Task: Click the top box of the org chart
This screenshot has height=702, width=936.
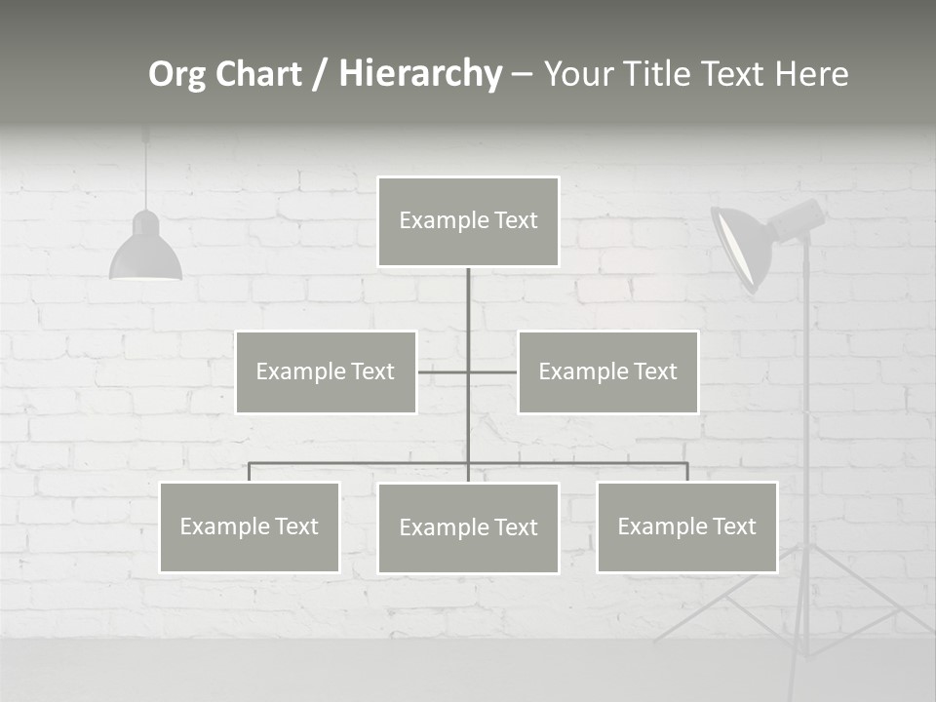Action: [468, 221]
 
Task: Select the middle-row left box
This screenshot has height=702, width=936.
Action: [326, 371]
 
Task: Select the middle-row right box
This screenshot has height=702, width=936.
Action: [607, 371]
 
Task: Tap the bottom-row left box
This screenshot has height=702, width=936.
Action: [250, 527]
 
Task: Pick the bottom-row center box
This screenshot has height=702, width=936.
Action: [468, 528]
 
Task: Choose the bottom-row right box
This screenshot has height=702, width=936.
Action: [686, 527]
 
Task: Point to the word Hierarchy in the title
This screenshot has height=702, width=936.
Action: [420, 74]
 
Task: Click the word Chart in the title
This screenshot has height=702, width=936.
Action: [258, 74]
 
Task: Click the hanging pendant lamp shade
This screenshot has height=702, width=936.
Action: [145, 252]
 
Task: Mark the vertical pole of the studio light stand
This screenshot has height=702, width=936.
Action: [806, 439]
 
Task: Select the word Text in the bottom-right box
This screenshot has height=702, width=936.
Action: [733, 527]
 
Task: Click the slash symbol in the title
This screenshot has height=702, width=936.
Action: [320, 74]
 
